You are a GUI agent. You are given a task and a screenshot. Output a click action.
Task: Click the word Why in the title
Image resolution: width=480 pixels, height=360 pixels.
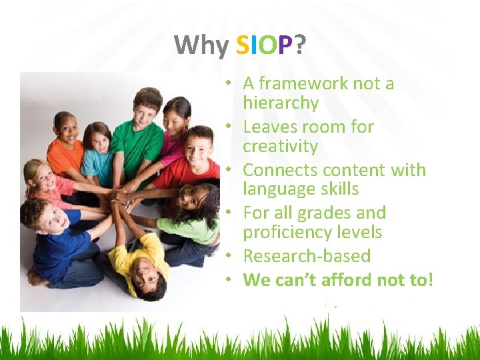[x=202, y=45]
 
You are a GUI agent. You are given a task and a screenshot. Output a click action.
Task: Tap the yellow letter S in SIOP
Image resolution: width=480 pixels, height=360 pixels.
[x=243, y=45]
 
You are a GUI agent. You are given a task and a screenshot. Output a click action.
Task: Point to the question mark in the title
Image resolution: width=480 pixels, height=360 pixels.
[x=300, y=45]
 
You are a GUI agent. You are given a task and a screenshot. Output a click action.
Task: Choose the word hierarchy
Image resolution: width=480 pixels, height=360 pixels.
[x=281, y=103]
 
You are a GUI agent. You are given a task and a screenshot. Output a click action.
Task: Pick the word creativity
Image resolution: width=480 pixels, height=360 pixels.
[x=280, y=146]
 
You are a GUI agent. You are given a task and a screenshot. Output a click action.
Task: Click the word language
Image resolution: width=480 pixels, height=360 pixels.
[x=275, y=189]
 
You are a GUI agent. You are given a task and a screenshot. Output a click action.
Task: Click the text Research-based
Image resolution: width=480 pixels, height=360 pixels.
[x=307, y=256]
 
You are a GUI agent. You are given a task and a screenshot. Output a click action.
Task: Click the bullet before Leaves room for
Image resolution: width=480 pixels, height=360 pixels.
[x=228, y=127]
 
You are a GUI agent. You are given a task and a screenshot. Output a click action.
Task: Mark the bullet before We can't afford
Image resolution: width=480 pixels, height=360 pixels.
[x=228, y=279]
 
